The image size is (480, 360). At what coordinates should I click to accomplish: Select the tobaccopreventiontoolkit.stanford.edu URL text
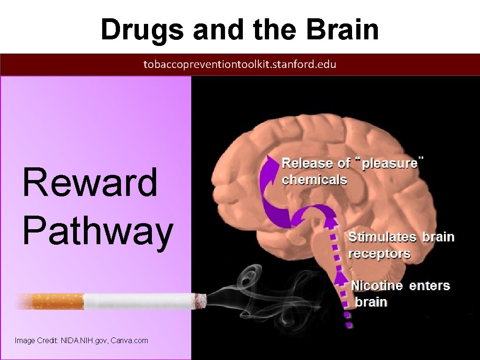tap(240, 65)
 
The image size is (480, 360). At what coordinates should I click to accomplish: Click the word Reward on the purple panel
tap(90, 182)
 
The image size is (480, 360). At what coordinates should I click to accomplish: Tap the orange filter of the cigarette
tap(57, 301)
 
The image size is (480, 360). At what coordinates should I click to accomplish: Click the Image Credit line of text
tap(81, 340)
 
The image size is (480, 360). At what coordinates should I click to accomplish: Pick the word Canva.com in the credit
tap(129, 340)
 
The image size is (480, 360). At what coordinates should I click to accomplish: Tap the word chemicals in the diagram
tap(314, 180)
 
